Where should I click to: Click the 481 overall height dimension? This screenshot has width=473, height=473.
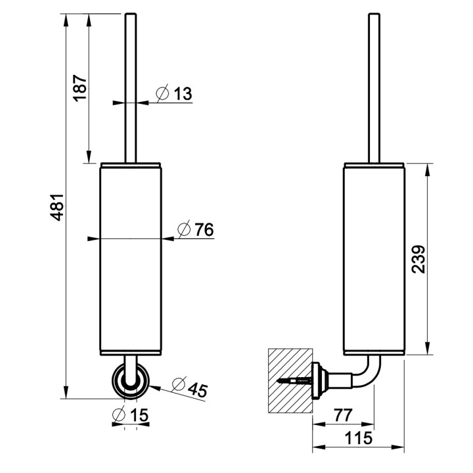pos(57,208)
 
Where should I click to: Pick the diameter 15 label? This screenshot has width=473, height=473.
pos(138,415)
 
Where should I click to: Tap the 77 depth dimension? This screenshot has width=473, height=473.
pos(343,415)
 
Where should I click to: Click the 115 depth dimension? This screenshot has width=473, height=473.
pos(359,438)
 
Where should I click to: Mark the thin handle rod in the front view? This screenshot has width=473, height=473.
pos(129,85)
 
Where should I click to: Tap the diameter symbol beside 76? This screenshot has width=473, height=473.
pos(185,229)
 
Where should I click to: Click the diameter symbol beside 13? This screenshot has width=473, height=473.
pos(163,93)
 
